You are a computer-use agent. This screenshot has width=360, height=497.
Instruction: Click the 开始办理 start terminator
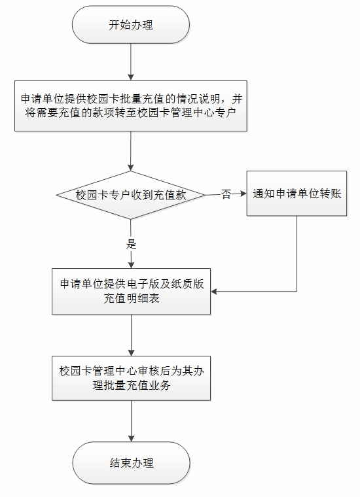coord(131,25)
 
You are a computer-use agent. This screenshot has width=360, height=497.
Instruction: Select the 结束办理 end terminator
coord(132,463)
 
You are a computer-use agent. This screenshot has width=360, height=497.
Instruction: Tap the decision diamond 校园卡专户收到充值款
coord(131,195)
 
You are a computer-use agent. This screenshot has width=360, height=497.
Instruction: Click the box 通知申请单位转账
coord(297,194)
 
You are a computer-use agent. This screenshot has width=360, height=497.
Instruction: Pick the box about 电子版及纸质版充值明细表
coord(132,291)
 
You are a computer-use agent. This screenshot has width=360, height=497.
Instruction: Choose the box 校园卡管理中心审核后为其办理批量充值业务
coord(132,378)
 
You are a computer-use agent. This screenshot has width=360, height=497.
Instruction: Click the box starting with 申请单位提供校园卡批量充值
coord(131,105)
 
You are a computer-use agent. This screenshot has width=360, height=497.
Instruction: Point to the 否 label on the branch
coord(226,194)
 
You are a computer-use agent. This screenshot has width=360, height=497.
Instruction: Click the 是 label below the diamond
coord(131,244)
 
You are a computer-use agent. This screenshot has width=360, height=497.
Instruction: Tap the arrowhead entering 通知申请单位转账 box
coord(243,194)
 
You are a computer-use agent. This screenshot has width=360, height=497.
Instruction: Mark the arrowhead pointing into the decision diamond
coord(131,167)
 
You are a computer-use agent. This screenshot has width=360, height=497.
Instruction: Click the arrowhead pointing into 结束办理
coord(131,438)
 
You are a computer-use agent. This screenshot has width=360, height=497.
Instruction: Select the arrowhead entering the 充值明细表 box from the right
coord(214,291)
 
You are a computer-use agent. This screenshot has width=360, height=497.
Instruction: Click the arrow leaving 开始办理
coord(131,62)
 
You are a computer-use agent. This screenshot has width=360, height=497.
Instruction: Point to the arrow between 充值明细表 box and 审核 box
coord(132,335)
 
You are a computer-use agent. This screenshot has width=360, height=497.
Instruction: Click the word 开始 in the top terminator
coord(120,25)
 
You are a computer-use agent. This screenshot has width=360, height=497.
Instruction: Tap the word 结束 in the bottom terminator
coord(120,463)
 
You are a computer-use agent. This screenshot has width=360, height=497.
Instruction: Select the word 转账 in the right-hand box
coord(330,194)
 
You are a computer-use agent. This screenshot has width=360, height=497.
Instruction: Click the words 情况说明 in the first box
coord(203,99)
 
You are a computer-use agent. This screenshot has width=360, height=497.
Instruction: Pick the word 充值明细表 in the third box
coord(132,298)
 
